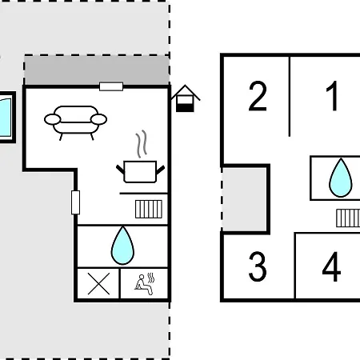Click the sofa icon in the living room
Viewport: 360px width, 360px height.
pos(75,122)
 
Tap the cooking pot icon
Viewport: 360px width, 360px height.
pos(140,172)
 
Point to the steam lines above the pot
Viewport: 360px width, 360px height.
pos(142,143)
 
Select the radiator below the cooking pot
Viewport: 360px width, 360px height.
pos(149,210)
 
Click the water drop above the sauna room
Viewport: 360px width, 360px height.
pos(122,246)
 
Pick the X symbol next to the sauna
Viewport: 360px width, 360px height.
pos(98,284)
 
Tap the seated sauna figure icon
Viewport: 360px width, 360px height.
pos(145,284)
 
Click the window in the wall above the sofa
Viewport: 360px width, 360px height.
pos(111,86)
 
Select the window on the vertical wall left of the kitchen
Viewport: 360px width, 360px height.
pos(75,202)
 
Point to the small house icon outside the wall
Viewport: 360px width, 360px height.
pos(186,98)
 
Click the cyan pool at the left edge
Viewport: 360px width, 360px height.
pos(6,118)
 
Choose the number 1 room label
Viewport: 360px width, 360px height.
pos(333,96)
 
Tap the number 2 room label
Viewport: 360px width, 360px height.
pos(258,96)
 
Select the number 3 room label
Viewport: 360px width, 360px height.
pos(258,266)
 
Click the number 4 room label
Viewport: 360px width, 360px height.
pos(331,266)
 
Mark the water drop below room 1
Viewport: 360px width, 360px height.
pos(341,178)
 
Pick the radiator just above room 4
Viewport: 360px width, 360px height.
pos(348,218)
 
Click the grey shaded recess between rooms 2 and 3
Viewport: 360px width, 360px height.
pos(245,199)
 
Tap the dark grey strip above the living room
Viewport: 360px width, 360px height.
pos(97,70)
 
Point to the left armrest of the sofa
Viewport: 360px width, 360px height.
pos(52,119)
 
